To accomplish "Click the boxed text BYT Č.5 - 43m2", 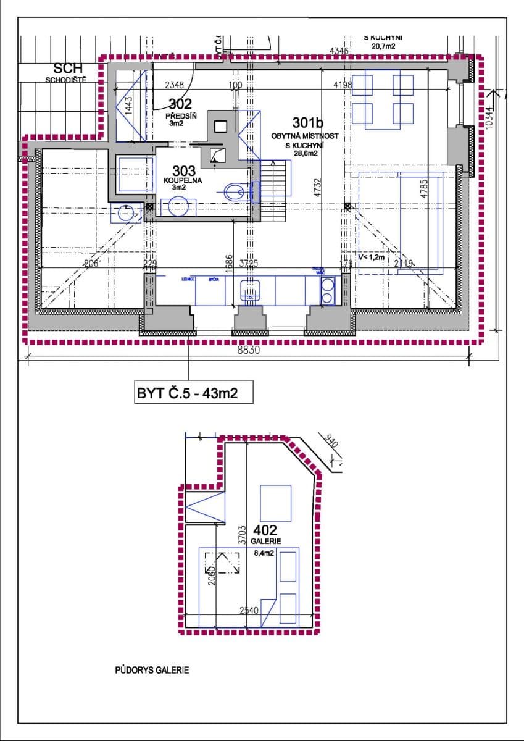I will (193, 393).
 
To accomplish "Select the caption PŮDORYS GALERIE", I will (152, 670).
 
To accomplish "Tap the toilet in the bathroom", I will (236, 192).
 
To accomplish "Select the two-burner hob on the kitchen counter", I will (326, 290).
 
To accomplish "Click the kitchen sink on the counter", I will (250, 289).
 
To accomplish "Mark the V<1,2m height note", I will (372, 257).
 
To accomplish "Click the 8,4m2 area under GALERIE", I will (264, 553).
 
